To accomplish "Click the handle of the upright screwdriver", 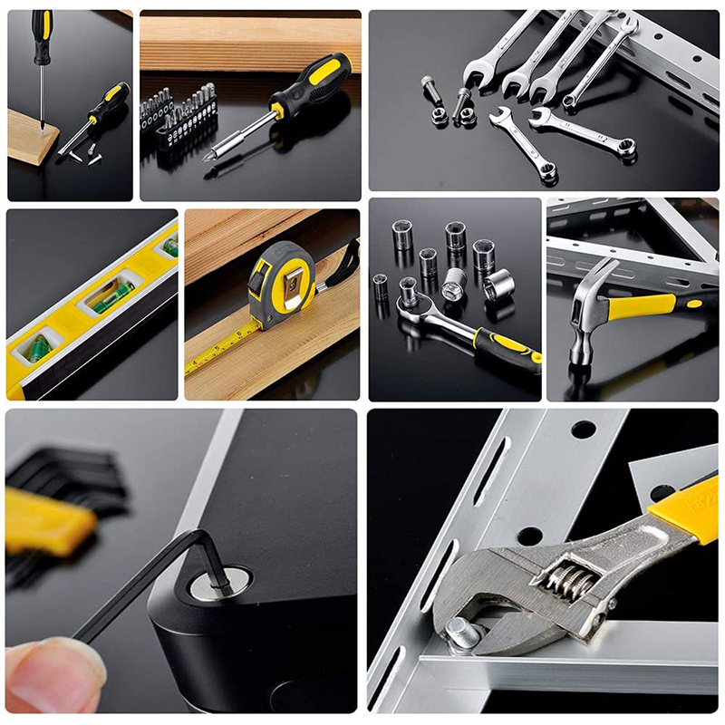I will click(x=42, y=35).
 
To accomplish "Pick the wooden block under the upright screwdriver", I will click(x=31, y=136).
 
